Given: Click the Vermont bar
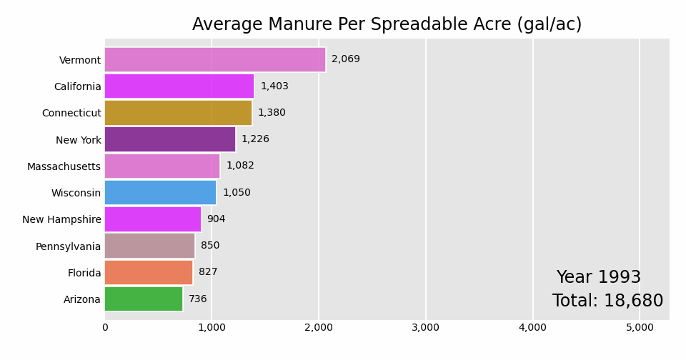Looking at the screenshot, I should tap(214, 60).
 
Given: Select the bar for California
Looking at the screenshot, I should tap(179, 86).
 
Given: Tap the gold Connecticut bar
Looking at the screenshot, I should tap(178, 113).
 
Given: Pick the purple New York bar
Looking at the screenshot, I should tap(169, 139).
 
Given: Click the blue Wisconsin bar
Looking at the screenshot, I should tap(160, 193).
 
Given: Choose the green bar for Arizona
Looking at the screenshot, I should tap(143, 299).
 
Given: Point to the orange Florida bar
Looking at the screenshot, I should tap(148, 273).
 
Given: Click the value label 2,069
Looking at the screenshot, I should tap(346, 59).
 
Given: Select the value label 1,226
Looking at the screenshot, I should tap(255, 139).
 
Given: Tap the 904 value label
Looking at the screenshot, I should tap(216, 219).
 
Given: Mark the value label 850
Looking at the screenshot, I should tap(210, 246).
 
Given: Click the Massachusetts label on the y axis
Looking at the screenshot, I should tap(64, 166).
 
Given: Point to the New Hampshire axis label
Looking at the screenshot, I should tap(61, 220).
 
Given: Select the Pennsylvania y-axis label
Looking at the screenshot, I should tap(68, 246).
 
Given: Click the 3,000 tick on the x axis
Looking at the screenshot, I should tap(425, 328).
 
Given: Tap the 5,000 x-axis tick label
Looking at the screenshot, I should tap(640, 328).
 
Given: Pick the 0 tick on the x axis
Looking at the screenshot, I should tap(105, 328).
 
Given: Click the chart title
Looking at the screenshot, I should tap(387, 25).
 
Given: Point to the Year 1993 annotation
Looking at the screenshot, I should tap(598, 278).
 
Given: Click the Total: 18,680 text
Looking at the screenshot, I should tap(607, 301).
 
